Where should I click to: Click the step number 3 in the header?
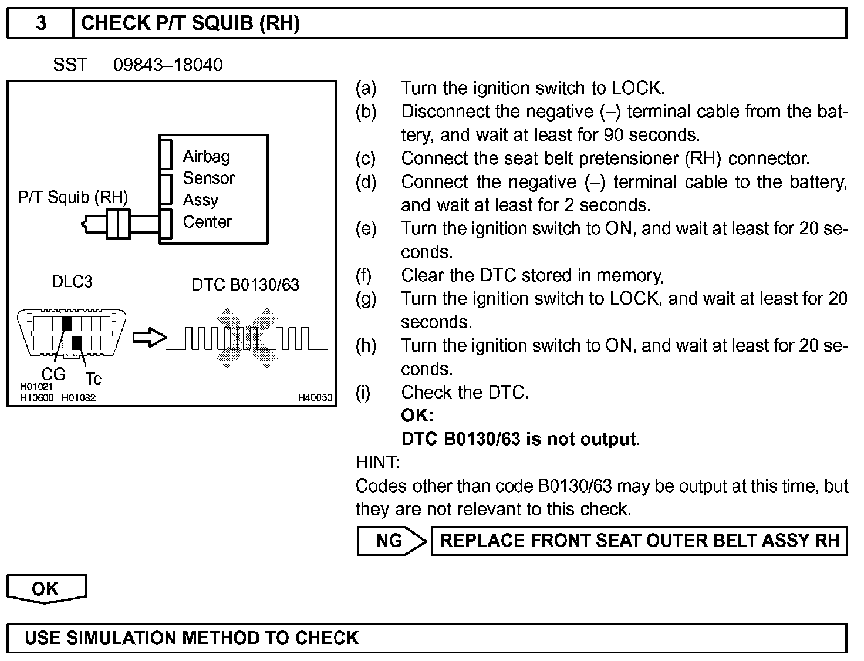click(41, 23)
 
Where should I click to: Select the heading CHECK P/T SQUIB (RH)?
click(190, 23)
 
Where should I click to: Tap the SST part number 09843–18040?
click(168, 65)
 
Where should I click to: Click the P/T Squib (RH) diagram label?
click(73, 197)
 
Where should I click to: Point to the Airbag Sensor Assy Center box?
click(214, 189)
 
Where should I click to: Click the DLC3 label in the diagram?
click(72, 282)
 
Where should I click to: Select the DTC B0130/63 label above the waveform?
click(245, 285)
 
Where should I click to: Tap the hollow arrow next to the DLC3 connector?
click(149, 338)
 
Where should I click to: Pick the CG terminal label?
click(53, 374)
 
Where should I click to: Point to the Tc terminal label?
click(93, 379)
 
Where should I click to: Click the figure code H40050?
click(315, 398)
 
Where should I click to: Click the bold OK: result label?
click(417, 416)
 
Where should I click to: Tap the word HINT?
click(377, 463)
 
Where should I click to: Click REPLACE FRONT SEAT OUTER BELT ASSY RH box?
click(639, 541)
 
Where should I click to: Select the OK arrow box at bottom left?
click(46, 589)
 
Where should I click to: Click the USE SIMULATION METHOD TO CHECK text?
click(191, 638)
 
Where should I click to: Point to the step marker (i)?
click(363, 392)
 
